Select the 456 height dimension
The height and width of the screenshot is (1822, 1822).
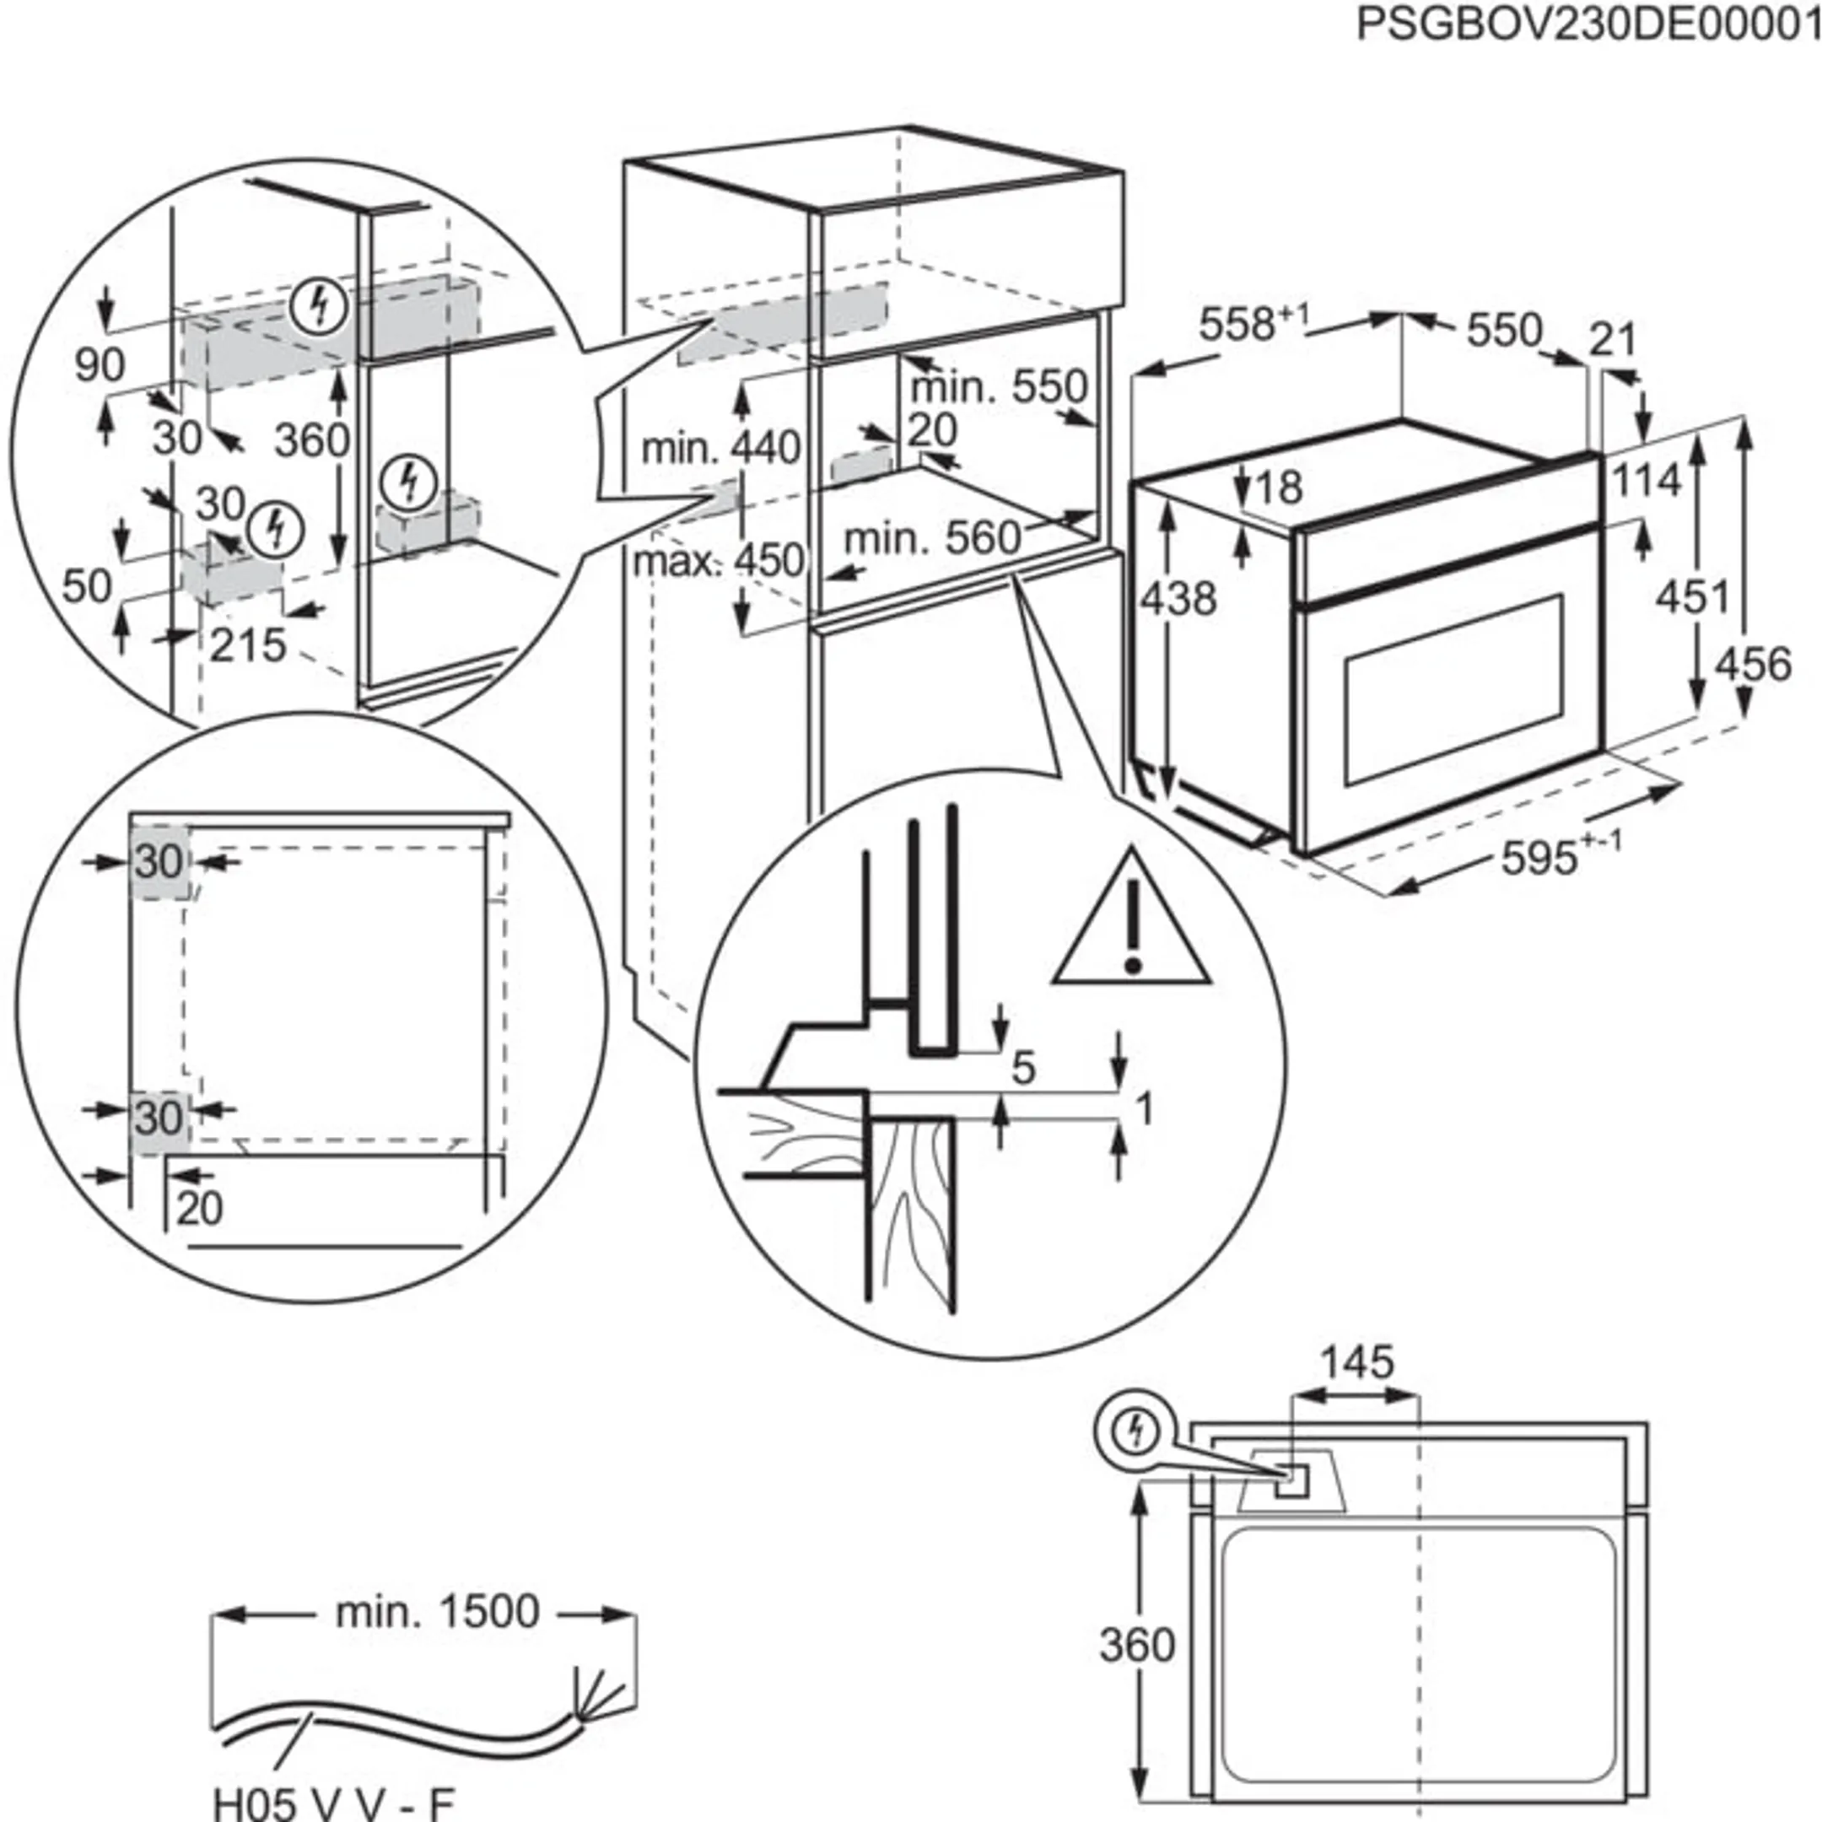[1752, 664]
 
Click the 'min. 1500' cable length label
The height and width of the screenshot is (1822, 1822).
[438, 1611]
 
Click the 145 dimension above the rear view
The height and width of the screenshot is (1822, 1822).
[1356, 1361]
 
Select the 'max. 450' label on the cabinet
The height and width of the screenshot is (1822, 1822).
[719, 561]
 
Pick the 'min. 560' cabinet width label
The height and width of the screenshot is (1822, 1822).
[932, 538]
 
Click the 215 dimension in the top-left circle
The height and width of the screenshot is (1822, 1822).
[247, 646]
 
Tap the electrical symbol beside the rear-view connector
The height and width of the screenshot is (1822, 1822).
[1136, 1431]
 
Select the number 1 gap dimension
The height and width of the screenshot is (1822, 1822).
[1144, 1109]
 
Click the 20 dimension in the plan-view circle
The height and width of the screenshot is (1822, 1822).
[200, 1209]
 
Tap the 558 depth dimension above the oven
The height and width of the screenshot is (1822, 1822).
[1243, 325]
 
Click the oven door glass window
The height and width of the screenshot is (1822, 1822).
[1453, 688]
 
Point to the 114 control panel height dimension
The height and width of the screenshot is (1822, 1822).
[1647, 480]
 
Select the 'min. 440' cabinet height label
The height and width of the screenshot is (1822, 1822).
[720, 448]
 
